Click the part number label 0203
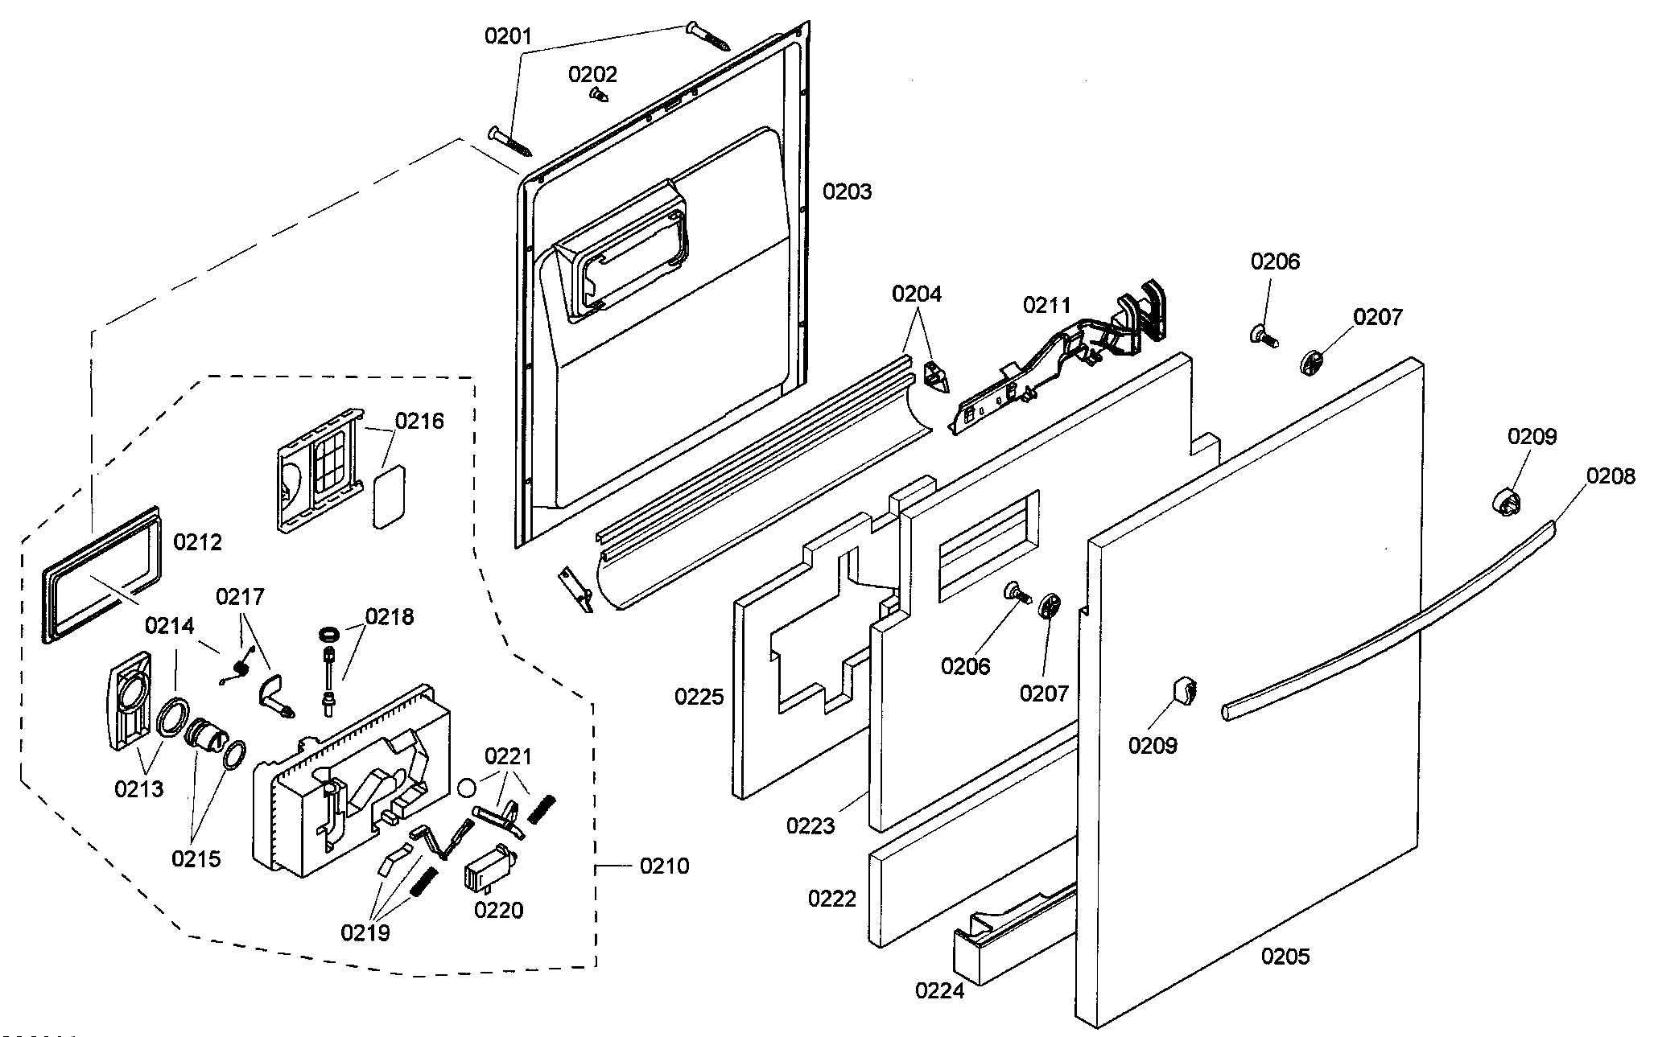pyautogui.click(x=847, y=191)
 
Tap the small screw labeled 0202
pyautogui.click(x=598, y=94)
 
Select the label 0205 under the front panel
pyautogui.click(x=1285, y=956)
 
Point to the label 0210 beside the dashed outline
pyautogui.click(x=664, y=866)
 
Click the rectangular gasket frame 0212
pyautogui.click(x=101, y=574)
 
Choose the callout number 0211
pyautogui.click(x=1047, y=305)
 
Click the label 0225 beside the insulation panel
pyautogui.click(x=699, y=697)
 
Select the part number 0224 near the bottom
pyautogui.click(x=939, y=990)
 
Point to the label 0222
pyautogui.click(x=832, y=898)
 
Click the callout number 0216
pyautogui.click(x=419, y=421)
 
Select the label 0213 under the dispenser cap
pyautogui.click(x=138, y=788)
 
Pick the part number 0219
pyautogui.click(x=365, y=932)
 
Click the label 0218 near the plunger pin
pyautogui.click(x=390, y=616)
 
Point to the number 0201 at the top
pyautogui.click(x=508, y=36)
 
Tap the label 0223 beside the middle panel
pyautogui.click(x=811, y=825)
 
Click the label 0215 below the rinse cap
pyautogui.click(x=196, y=858)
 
